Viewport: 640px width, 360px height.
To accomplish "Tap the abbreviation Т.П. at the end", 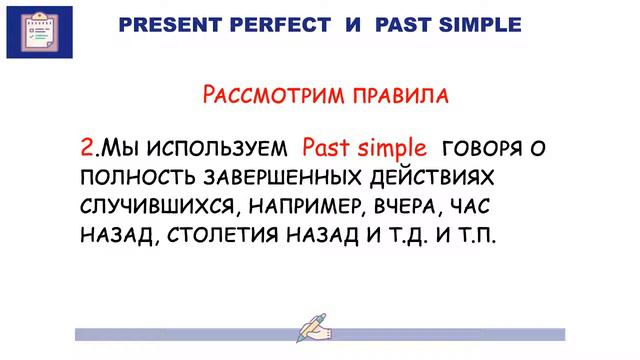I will pos(474,238).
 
